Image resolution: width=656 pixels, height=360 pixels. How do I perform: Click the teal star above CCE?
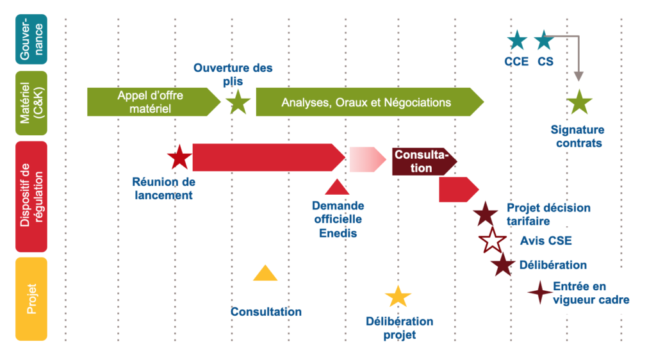pyautogui.click(x=517, y=40)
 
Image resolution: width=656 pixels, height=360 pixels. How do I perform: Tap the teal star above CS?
pyautogui.click(x=544, y=40)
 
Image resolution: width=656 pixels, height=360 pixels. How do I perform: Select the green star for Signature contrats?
pyautogui.click(x=579, y=102)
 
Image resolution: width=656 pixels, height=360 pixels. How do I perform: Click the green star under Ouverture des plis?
pyautogui.click(x=239, y=102)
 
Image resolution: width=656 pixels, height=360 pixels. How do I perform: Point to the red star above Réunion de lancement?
pyautogui.click(x=179, y=158)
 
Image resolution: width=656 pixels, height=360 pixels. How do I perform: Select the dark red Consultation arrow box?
pyautogui.click(x=423, y=161)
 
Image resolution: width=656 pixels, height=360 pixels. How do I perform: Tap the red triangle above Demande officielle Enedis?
pyautogui.click(x=336, y=187)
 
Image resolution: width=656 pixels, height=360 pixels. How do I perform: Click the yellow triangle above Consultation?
pyautogui.click(x=265, y=274)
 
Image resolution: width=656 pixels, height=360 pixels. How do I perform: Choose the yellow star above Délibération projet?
pyautogui.click(x=398, y=297)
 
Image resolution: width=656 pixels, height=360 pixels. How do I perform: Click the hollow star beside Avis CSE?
pyautogui.click(x=493, y=241)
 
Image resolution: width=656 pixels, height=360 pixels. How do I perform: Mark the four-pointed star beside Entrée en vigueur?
pyautogui.click(x=540, y=293)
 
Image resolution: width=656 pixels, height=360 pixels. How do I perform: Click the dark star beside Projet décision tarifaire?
pyautogui.click(x=486, y=213)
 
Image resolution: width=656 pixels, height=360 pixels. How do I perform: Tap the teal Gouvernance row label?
pyautogui.click(x=31, y=39)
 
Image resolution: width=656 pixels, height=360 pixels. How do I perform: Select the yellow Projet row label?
pyautogui.click(x=31, y=299)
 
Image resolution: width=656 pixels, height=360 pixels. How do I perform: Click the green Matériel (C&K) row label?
pyautogui.click(x=31, y=102)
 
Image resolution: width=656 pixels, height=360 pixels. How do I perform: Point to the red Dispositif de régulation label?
pyautogui.click(x=31, y=196)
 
